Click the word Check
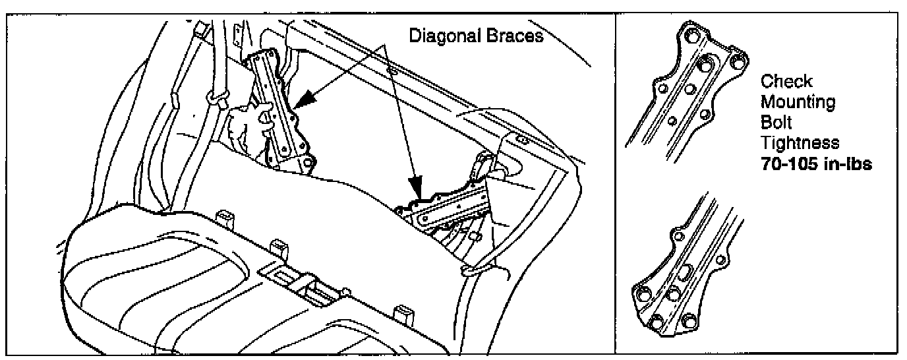786,81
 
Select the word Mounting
798,102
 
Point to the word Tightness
800,143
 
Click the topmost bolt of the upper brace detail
691,36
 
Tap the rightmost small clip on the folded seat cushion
401,313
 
